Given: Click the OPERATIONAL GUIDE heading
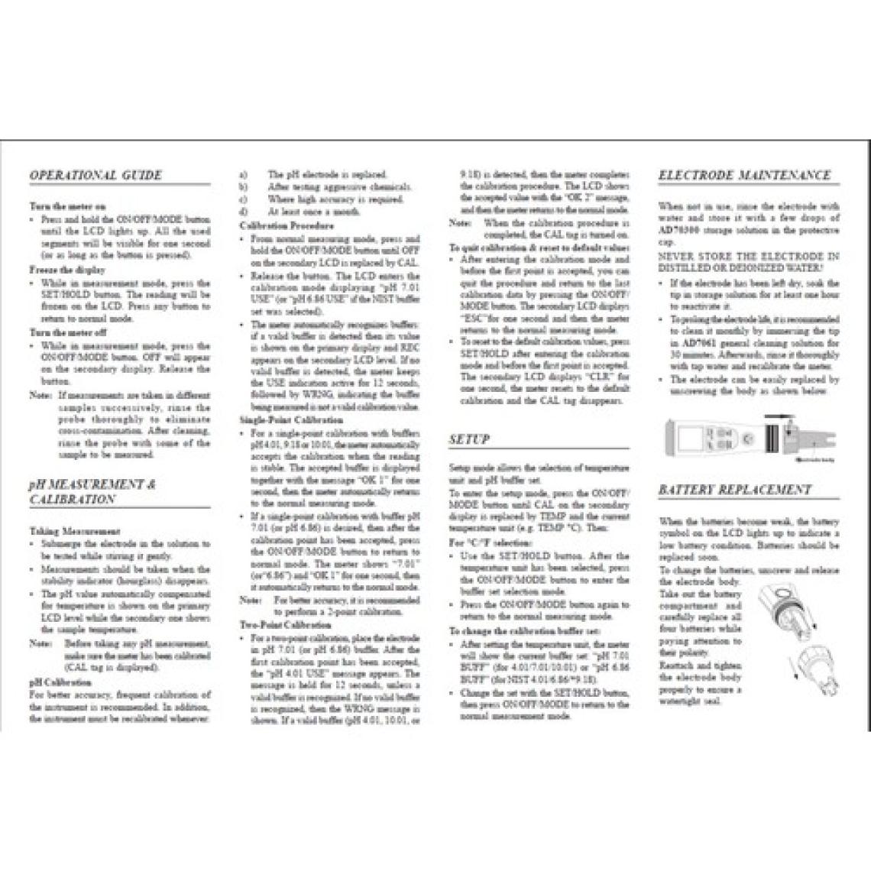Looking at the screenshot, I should tap(96, 176).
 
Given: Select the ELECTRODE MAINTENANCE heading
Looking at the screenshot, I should tap(743, 176).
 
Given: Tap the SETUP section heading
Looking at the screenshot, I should tap(469, 440).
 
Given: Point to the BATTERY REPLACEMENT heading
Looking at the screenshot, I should tap(734, 490).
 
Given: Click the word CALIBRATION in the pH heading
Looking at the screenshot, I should tap(73, 500).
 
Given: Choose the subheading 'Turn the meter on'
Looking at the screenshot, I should tap(67, 206).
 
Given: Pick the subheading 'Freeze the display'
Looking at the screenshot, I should tap(67, 270).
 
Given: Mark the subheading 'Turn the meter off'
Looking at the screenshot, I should tap(68, 333).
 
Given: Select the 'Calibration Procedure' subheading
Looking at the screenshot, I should tap(287, 226).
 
